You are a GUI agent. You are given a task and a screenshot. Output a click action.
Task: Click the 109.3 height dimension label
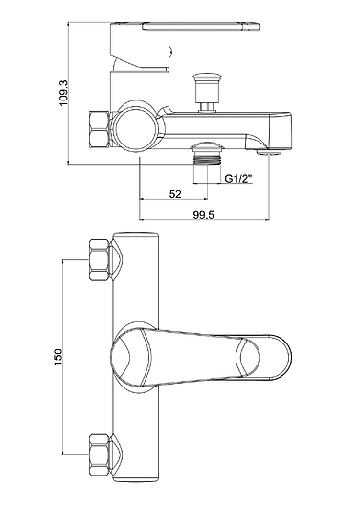(63, 93)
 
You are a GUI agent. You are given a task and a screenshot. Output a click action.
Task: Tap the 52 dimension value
(175, 194)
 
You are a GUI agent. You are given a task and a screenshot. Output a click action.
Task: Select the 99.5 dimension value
(204, 215)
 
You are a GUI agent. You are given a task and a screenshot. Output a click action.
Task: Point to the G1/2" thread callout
(238, 178)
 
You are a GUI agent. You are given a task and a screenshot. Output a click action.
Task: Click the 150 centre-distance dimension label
(57, 357)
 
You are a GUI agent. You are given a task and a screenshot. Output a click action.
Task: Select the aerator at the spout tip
(269, 152)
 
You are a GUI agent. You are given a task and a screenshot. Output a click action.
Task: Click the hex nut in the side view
(99, 130)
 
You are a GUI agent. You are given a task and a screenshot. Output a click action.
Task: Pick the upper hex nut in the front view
(100, 259)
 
